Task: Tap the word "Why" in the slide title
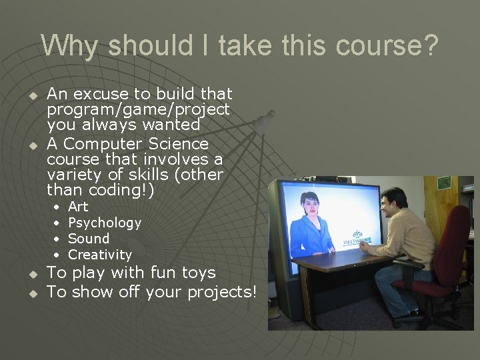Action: (x=69, y=46)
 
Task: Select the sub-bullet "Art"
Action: (x=78, y=207)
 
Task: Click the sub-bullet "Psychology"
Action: (x=105, y=223)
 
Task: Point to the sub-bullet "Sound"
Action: (x=89, y=239)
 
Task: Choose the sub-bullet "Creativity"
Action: (x=100, y=255)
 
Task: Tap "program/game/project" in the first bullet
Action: (x=138, y=109)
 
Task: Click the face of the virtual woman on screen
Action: (x=311, y=203)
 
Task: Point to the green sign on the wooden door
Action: (x=444, y=182)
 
